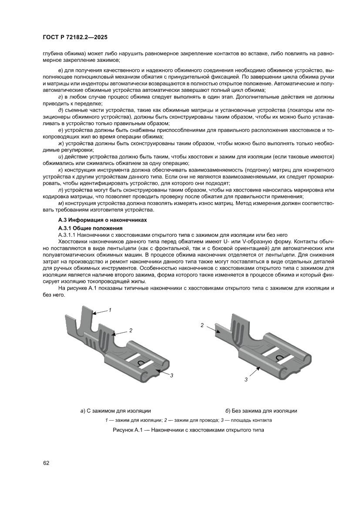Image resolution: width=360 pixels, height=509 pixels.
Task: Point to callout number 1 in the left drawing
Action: tap(111, 310)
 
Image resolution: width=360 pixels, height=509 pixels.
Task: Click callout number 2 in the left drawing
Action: tap(130, 330)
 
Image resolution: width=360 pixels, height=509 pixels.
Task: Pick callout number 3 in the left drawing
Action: tap(172, 375)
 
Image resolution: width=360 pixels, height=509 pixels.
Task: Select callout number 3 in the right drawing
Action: tap(246, 379)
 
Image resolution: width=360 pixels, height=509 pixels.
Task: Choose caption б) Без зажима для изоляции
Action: tap(261, 411)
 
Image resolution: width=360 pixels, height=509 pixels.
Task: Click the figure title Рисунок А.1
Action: tap(188, 430)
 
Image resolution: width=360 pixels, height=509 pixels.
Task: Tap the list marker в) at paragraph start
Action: tap(60, 70)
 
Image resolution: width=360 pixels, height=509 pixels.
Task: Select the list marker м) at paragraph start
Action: tap(61, 204)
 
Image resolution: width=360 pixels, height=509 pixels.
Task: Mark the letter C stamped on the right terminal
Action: tap(279, 358)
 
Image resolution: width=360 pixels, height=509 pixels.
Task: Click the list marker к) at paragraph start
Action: tap(60, 169)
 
